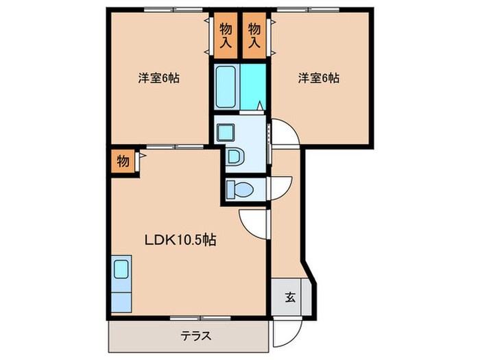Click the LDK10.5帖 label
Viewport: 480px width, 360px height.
[180, 240]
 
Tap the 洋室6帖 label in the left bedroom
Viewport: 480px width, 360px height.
[158, 78]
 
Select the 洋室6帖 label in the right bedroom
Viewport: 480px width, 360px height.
[318, 78]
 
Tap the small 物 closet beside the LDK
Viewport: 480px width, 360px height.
[122, 162]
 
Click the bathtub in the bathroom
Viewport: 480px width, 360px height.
[226, 86]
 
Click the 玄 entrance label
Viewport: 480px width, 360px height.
[290, 297]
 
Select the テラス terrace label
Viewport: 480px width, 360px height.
[195, 336]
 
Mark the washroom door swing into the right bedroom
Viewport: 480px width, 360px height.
[284, 134]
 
